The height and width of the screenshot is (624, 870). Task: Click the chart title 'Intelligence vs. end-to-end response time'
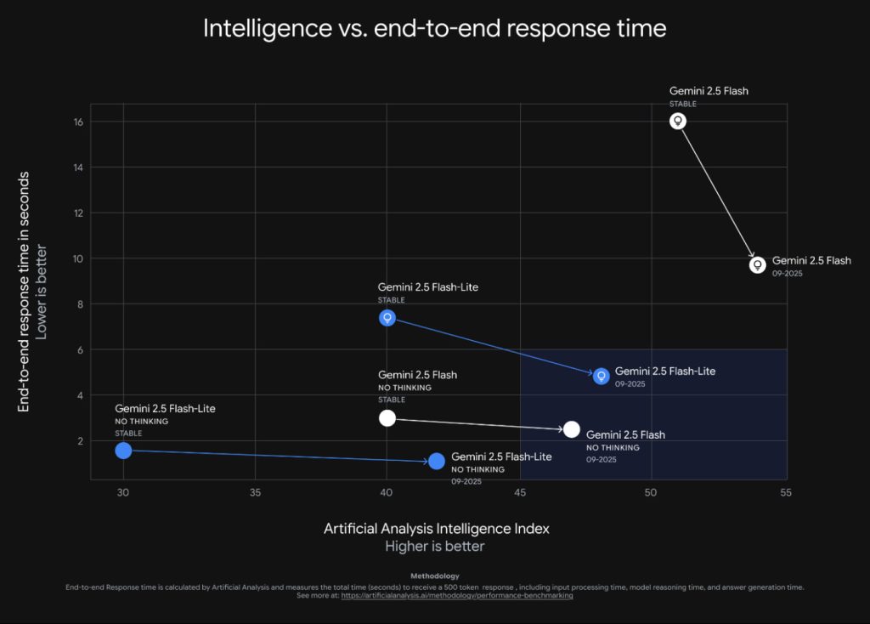click(x=434, y=28)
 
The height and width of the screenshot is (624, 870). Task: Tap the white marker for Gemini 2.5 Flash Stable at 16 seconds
click(x=678, y=121)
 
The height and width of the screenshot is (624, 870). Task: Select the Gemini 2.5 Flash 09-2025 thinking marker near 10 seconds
click(x=758, y=264)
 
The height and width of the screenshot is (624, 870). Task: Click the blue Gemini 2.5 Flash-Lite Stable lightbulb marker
click(x=387, y=318)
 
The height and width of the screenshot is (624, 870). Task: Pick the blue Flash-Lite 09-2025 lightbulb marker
click(x=601, y=376)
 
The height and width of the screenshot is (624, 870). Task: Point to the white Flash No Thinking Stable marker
click(x=387, y=417)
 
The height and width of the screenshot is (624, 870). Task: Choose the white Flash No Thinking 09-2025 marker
click(x=572, y=429)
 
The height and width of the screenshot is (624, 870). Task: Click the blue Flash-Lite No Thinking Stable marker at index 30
click(x=123, y=451)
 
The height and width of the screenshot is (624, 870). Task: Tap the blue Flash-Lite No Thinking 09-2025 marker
click(x=437, y=461)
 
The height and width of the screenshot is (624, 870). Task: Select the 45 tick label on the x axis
click(x=519, y=493)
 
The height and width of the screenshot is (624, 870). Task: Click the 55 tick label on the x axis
click(x=783, y=493)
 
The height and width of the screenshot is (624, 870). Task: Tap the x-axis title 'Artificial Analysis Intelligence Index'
click(x=436, y=528)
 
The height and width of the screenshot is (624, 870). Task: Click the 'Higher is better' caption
click(x=435, y=546)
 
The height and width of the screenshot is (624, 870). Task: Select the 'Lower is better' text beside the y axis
click(x=42, y=292)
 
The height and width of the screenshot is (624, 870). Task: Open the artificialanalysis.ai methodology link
click(x=456, y=596)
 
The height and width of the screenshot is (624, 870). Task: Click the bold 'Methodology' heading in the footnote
click(x=434, y=576)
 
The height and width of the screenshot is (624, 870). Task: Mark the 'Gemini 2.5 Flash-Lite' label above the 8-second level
click(x=428, y=287)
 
